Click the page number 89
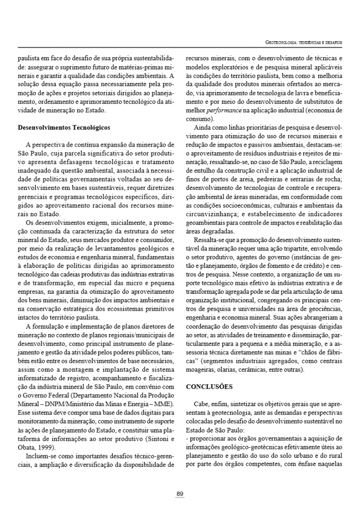coord(180,494)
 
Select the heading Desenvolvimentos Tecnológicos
coord(64,127)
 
